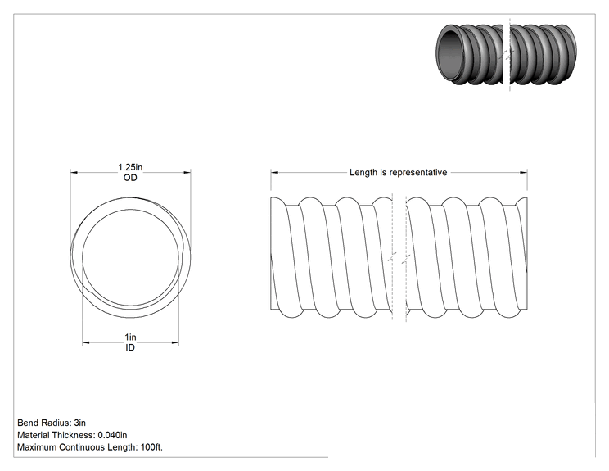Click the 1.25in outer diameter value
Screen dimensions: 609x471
pyautogui.click(x=130, y=167)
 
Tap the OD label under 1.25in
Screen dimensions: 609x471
pyautogui.click(x=130, y=178)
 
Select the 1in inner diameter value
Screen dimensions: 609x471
pyautogui.click(x=130, y=337)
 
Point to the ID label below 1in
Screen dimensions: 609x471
pyautogui.click(x=130, y=347)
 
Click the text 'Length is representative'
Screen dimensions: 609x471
pyautogui.click(x=398, y=173)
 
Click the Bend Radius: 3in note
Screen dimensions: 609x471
pyautogui.click(x=52, y=423)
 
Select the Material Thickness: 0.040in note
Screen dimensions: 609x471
pyautogui.click(x=72, y=435)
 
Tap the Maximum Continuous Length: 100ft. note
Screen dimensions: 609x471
pyautogui.click(x=90, y=447)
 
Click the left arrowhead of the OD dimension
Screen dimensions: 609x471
pyautogui.click(x=74, y=173)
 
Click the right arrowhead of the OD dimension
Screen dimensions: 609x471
pyautogui.click(x=187, y=173)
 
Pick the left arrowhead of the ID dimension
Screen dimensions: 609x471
pyautogui.click(x=86, y=342)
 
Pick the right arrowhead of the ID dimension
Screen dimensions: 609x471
pyautogui.click(x=175, y=342)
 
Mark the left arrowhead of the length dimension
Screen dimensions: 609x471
pyautogui.click(x=274, y=173)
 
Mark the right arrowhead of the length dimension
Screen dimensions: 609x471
pyautogui.click(x=523, y=173)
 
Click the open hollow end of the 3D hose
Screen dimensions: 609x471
pyautogui.click(x=450, y=54)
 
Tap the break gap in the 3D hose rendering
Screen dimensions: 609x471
pyautogui.click(x=507, y=54)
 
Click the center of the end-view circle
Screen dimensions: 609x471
pyautogui.click(x=130, y=257)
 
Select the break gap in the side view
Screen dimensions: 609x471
pyautogui.click(x=399, y=257)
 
